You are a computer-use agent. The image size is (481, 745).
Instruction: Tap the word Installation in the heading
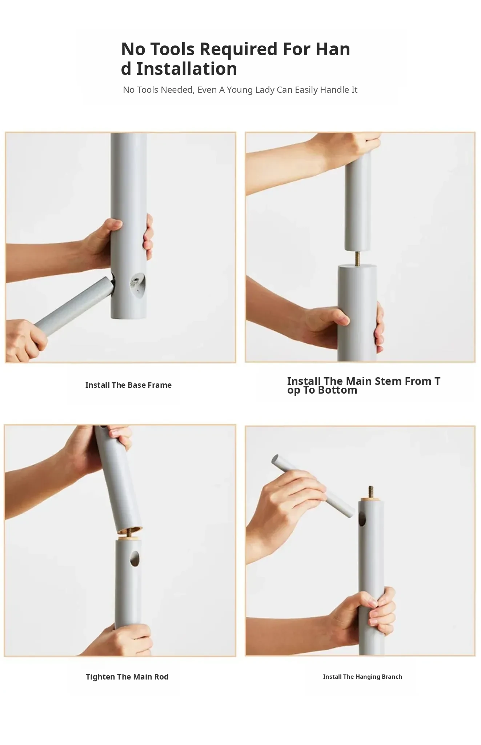[x=187, y=69]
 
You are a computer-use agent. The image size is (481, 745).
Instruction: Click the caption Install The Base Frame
[x=128, y=385]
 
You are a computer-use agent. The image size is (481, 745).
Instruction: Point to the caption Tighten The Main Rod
[x=127, y=677]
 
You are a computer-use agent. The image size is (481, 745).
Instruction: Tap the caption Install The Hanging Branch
[x=362, y=677]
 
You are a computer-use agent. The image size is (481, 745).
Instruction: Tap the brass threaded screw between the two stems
[x=357, y=259]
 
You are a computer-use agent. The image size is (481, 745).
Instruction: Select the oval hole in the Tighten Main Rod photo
[x=135, y=558]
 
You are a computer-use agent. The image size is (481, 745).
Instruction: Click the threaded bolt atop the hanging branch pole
[x=371, y=493]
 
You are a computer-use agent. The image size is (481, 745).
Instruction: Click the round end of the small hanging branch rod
[x=275, y=459]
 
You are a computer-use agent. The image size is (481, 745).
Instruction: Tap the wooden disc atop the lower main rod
[x=128, y=537]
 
